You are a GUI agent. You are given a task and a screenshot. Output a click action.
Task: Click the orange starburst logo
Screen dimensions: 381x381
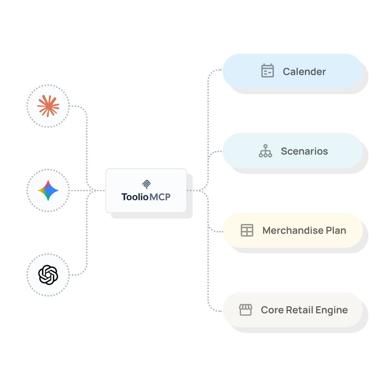48,106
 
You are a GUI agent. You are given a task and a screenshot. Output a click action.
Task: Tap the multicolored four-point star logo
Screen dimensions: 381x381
48,190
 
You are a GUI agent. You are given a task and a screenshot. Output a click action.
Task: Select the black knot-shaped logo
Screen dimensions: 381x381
48,275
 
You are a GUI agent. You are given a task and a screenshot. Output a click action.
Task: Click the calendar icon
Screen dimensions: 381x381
268,71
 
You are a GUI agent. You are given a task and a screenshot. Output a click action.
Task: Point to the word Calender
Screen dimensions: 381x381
304,72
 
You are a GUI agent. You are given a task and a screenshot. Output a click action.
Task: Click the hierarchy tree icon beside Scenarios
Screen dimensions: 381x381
266,151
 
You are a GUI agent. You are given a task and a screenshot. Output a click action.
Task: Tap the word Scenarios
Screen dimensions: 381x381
305,151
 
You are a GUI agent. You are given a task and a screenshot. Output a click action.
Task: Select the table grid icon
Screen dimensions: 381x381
247,230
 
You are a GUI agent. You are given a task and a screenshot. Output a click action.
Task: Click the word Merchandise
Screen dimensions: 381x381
293,230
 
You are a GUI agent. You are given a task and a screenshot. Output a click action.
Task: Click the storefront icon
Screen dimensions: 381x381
246,310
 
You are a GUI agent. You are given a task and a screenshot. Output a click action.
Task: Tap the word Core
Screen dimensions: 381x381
272,310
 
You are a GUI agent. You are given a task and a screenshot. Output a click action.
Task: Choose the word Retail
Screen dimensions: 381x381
300,310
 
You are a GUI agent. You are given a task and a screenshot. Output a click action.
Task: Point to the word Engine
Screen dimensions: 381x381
332,310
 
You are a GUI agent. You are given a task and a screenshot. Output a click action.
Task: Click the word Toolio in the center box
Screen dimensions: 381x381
135,197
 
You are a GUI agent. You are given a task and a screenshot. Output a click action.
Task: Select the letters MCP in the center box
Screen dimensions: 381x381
160,197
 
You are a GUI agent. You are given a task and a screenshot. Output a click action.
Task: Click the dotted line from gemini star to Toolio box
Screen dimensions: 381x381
87,190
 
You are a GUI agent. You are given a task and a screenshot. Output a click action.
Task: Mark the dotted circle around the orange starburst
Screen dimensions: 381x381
48,85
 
